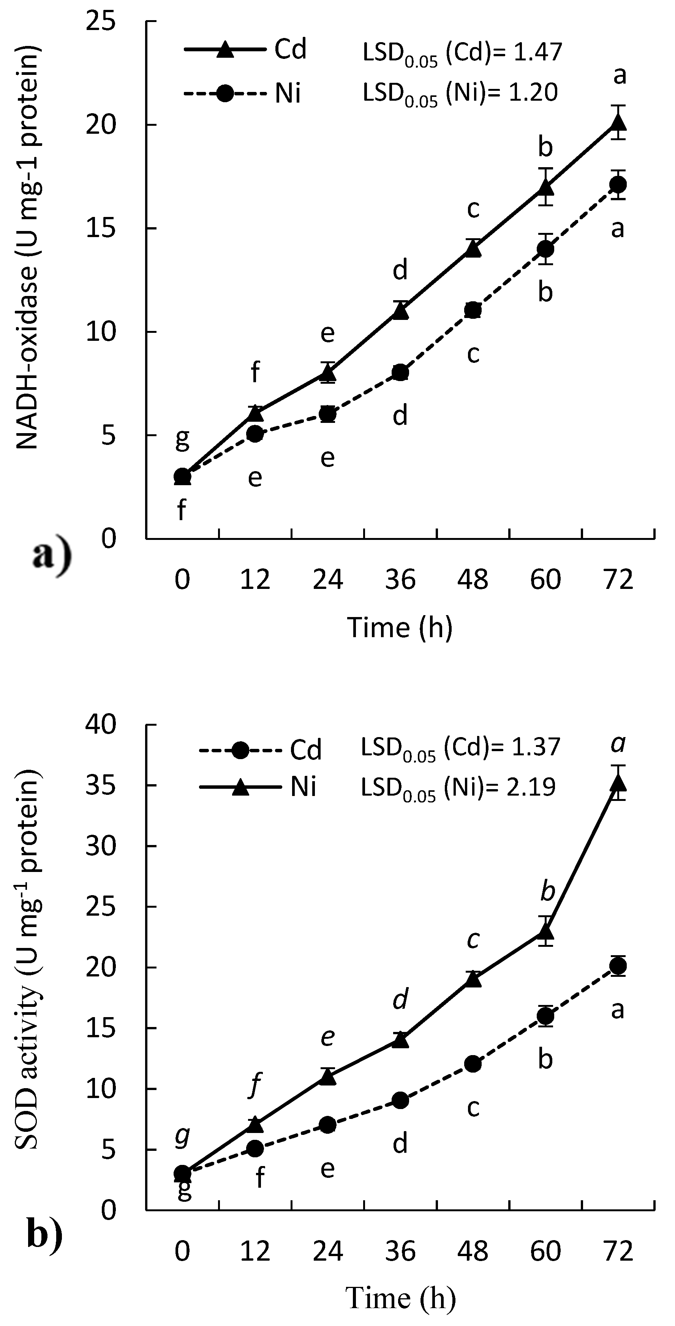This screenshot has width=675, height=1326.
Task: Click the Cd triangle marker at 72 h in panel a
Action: pos(618,122)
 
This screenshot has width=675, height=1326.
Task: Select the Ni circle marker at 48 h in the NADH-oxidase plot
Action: pos(473,310)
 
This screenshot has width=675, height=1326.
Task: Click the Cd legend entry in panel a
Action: pos(247,50)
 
